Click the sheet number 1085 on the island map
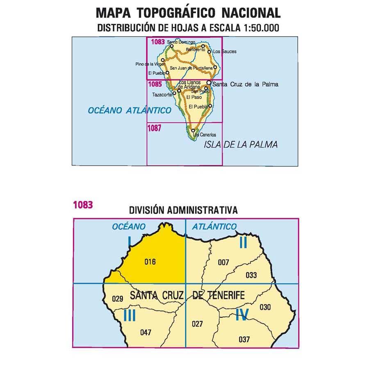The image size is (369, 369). [x=155, y=85]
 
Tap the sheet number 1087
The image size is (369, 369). [x=155, y=128]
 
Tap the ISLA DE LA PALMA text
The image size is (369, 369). [x=241, y=145]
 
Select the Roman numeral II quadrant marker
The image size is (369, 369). [x=243, y=243]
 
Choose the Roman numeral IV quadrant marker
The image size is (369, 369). [x=242, y=315]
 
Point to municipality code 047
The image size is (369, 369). [x=146, y=333]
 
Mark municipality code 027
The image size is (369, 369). [x=197, y=324]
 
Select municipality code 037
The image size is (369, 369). [x=244, y=339]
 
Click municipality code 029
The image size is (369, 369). [x=117, y=298]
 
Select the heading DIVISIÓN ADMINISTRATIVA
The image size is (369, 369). [x=183, y=210]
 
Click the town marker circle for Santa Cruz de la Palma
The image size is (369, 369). [x=209, y=83]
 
